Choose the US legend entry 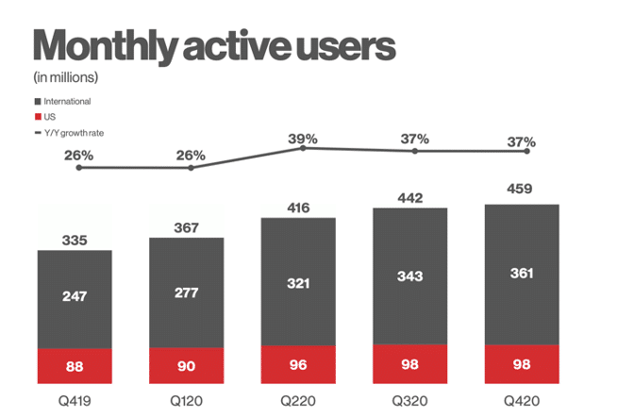tap(52, 117)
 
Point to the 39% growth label tap(303, 139)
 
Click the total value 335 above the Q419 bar tap(75, 241)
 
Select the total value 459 tap(520, 189)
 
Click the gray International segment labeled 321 tap(298, 283)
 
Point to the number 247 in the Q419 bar tap(75, 296)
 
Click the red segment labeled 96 tap(298, 364)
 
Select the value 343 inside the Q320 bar tap(410, 275)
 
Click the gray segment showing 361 tap(521, 274)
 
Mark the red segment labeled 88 tap(75, 366)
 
